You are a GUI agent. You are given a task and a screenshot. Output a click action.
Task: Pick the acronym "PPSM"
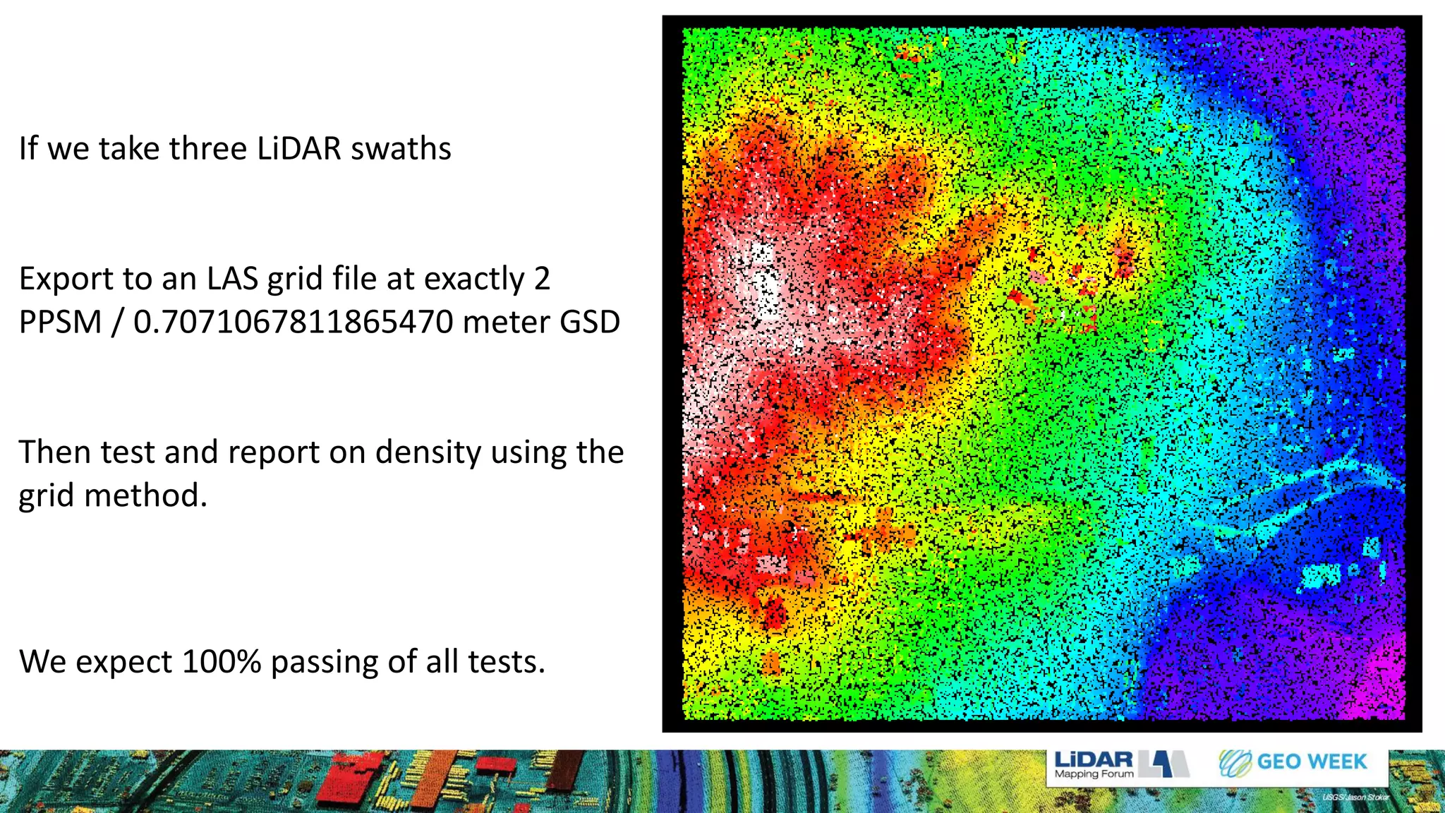(x=61, y=323)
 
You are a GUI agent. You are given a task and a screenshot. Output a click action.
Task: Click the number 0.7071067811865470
(x=294, y=323)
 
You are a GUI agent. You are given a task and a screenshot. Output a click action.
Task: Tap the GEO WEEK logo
(x=1293, y=762)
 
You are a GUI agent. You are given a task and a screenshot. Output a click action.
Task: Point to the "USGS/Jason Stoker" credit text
(x=1355, y=797)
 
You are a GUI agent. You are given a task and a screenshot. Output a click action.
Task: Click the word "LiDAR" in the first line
(x=299, y=149)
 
